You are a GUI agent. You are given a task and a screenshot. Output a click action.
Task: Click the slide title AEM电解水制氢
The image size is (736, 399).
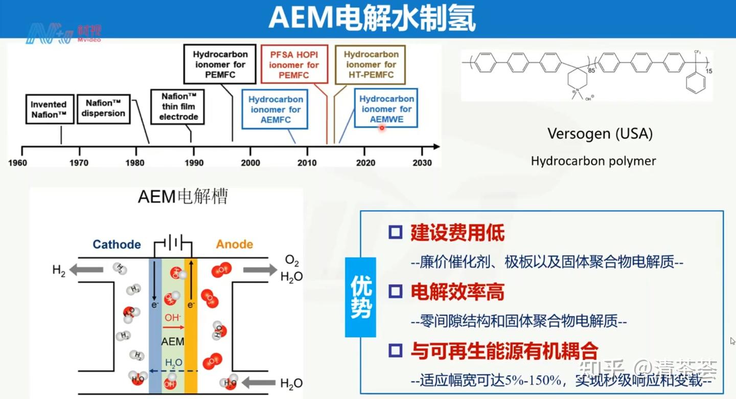point(372,19)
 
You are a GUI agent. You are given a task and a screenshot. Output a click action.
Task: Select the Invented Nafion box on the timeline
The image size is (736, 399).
point(49,109)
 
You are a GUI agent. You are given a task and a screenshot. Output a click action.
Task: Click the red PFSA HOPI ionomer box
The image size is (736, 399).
point(294,64)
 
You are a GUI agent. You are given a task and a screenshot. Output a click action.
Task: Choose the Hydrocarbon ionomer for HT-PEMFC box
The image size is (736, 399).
point(371,64)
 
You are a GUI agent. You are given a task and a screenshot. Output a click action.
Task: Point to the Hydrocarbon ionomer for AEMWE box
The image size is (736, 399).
point(386,109)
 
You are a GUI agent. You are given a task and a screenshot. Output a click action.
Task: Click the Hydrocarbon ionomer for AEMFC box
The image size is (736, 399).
point(275,109)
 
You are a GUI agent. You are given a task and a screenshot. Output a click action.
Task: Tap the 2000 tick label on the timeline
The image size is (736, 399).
point(250,163)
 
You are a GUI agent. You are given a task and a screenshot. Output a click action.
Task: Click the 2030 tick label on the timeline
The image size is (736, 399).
point(422,163)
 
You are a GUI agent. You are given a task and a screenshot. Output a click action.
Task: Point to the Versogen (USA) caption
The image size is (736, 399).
point(600,134)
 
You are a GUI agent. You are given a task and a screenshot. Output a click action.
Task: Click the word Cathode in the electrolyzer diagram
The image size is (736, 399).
point(117,244)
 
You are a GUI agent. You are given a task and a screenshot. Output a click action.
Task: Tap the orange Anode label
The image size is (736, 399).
point(234,244)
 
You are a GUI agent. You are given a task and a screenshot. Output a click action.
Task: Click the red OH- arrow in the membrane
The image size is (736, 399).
point(174,327)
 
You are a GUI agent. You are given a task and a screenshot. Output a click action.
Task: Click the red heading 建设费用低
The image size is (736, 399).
point(457,233)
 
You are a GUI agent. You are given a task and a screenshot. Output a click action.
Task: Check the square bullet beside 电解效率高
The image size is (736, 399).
point(395,292)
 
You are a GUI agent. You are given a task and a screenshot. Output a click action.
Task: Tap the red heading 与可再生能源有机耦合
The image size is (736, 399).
point(504,350)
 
